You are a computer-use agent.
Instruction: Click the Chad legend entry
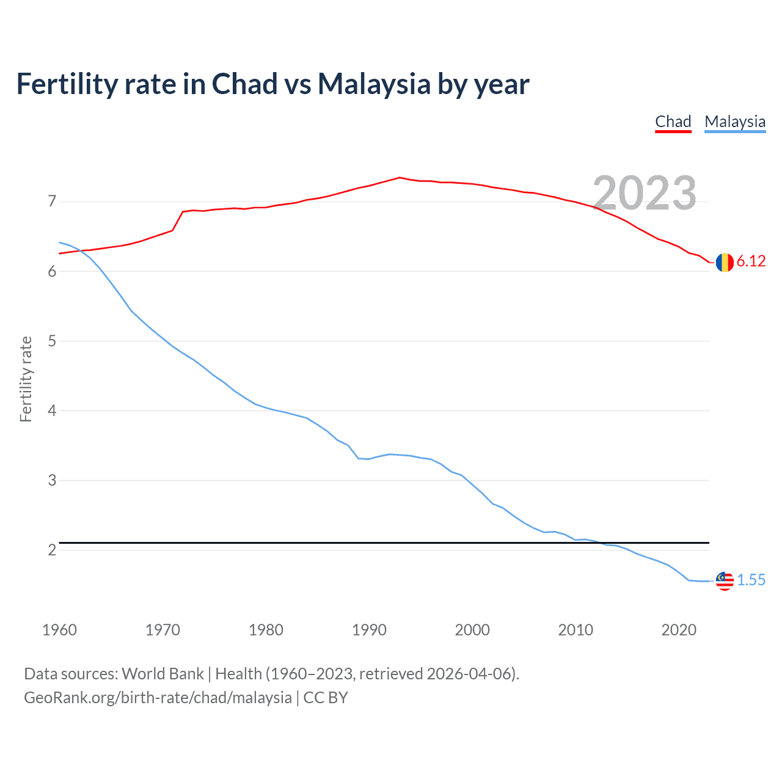pos(673,122)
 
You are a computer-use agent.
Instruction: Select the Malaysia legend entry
pos(734,122)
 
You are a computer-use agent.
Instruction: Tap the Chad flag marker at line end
pos(725,262)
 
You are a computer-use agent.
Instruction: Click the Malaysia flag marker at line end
pos(725,580)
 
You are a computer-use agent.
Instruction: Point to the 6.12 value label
pos(751,261)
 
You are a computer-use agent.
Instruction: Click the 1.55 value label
pos(751,580)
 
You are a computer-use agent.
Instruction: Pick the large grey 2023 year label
pos(645,193)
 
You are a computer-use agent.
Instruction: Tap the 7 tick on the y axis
pos(52,201)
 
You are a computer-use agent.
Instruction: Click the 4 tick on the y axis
pos(52,411)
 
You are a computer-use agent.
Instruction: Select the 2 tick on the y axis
pos(52,550)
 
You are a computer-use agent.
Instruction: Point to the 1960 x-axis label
pos(59,630)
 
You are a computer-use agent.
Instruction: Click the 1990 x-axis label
pos(369,630)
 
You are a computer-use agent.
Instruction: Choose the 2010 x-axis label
pos(576,630)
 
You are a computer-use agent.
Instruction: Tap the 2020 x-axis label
pos(679,630)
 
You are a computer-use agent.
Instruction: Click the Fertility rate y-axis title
pos(26,379)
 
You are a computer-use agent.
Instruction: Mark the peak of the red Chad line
pos(399,177)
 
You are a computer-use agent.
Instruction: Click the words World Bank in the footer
pos(163,674)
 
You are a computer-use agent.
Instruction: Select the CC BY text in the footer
pos(326,698)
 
